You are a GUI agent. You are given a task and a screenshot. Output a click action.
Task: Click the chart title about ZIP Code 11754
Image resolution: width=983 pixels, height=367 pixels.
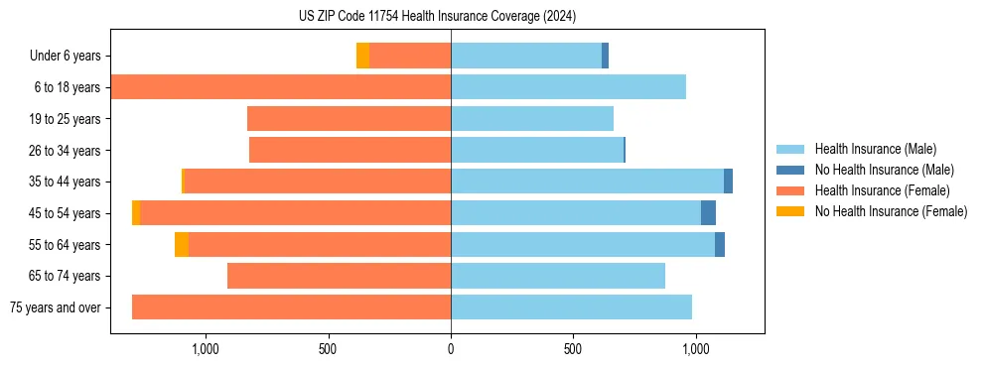pyautogui.click(x=437, y=16)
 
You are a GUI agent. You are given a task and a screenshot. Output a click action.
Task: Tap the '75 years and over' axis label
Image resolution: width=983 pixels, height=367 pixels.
pyautogui.click(x=55, y=307)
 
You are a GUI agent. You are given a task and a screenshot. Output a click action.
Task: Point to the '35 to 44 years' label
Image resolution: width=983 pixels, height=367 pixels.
pyautogui.click(x=65, y=182)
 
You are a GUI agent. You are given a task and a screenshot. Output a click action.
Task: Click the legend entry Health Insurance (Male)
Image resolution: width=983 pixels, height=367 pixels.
pyautogui.click(x=875, y=149)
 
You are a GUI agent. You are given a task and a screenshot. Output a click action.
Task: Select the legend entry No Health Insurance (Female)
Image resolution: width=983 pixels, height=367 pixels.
pyautogui.click(x=891, y=211)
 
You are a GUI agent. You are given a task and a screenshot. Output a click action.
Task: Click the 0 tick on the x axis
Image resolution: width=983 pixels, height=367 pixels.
pyautogui.click(x=451, y=349)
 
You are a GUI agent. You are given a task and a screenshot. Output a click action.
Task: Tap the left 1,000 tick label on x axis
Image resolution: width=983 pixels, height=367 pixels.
pyautogui.click(x=205, y=349)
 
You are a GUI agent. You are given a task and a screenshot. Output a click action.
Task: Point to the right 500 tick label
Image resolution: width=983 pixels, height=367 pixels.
pyautogui.click(x=573, y=349)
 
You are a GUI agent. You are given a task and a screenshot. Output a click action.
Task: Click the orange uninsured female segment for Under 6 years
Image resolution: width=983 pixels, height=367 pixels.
pyautogui.click(x=362, y=56)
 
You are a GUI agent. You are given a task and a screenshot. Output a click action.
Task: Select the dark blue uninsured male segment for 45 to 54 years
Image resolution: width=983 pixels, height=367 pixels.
pyautogui.click(x=708, y=213)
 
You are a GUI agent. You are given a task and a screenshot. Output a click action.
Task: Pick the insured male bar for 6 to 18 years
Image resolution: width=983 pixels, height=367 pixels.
pyautogui.click(x=568, y=87)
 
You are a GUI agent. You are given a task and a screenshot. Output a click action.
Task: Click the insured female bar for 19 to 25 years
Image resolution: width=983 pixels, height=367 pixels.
pyautogui.click(x=349, y=119)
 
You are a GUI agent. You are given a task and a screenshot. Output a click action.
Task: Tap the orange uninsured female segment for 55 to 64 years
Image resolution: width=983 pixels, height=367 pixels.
pyautogui.click(x=181, y=245)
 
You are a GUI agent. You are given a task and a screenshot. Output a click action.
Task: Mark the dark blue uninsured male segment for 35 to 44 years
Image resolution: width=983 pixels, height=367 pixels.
pyautogui.click(x=728, y=182)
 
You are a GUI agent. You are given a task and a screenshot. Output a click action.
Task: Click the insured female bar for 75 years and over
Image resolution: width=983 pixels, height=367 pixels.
pyautogui.click(x=291, y=307)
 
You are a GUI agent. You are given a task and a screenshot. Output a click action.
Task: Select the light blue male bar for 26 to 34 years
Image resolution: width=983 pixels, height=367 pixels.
pyautogui.click(x=576, y=150)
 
